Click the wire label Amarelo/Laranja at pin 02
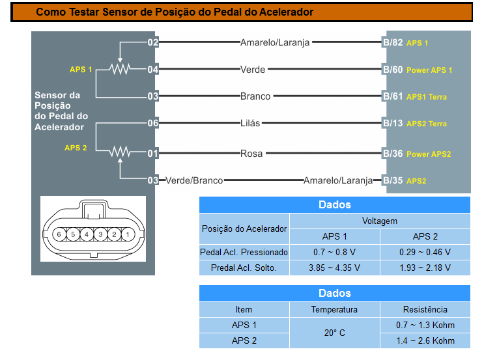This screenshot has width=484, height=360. click(x=275, y=43)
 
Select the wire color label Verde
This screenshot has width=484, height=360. click(x=253, y=70)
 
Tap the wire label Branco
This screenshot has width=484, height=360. click(x=255, y=96)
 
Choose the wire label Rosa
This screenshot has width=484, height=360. click(x=251, y=154)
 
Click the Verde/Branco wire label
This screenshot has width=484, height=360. click(x=194, y=180)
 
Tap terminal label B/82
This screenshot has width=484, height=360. click(x=393, y=43)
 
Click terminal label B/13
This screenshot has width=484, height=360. click(x=393, y=123)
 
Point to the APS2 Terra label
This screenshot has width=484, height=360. click(x=427, y=124)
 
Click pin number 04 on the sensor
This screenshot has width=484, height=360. click(x=153, y=70)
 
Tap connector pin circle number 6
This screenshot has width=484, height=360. click(x=59, y=234)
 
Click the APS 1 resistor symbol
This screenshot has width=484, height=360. click(x=120, y=69)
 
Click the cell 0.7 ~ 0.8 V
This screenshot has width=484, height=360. click(x=335, y=252)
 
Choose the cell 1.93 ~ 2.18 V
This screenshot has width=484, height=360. click(x=425, y=268)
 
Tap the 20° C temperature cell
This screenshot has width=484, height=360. click(x=335, y=333)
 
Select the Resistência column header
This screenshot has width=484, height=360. click(x=425, y=309)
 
